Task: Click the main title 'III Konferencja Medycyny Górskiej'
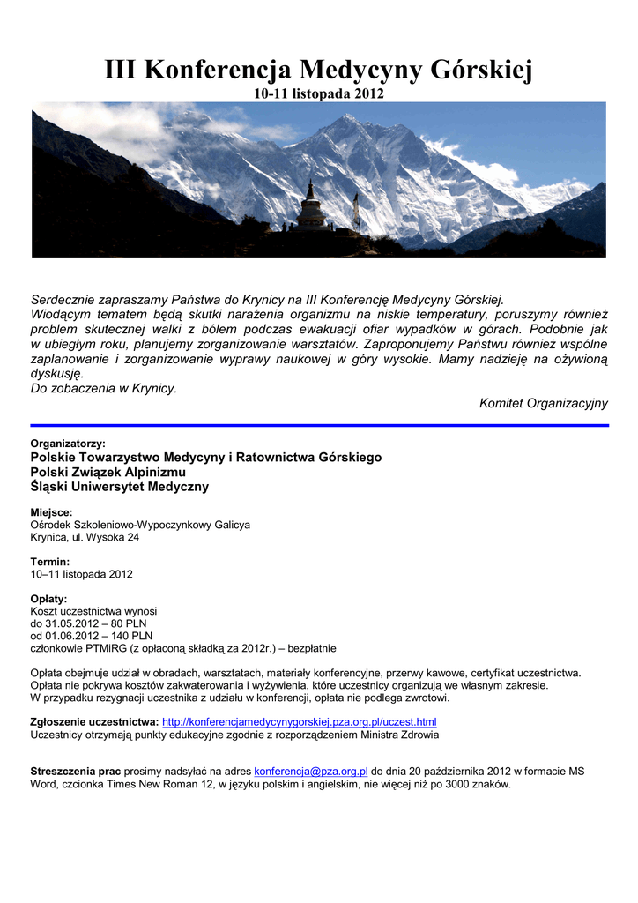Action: [318, 69]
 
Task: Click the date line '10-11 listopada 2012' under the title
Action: [318, 93]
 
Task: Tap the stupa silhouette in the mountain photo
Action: [309, 208]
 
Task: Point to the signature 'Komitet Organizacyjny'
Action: [543, 403]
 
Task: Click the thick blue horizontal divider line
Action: [319, 425]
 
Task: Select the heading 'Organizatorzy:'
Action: [68, 444]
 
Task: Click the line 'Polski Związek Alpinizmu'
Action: [115, 472]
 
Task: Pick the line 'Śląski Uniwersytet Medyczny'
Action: [120, 487]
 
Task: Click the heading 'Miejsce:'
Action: [51, 512]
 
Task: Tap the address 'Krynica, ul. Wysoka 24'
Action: [85, 537]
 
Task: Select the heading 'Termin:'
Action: [49, 562]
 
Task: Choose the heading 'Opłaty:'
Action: [48, 599]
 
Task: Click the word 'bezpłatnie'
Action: [309, 648]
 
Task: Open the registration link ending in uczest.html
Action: [300, 722]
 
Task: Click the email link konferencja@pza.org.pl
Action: [310, 772]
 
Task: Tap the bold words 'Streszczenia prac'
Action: [76, 772]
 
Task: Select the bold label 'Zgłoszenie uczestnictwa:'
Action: [94, 722]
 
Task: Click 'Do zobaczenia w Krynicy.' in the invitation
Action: [104, 388]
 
